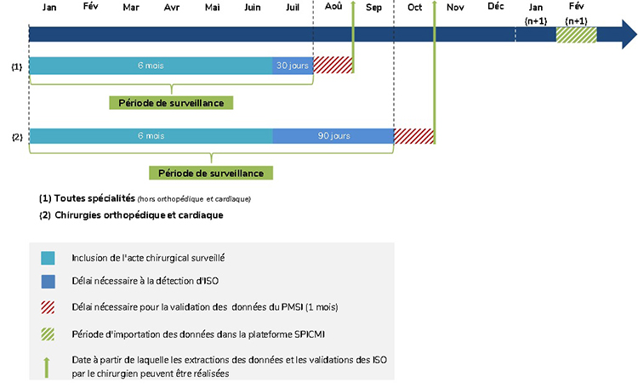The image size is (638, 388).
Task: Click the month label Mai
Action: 213,8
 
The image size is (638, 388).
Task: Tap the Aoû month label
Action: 333,7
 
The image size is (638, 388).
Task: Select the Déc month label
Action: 496,7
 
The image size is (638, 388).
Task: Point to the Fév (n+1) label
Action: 576,14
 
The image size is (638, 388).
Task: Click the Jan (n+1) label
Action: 536,14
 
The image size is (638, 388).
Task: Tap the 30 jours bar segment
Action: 293,66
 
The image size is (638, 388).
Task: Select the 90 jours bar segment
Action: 333,136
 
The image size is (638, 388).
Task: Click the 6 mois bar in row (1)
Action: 151,66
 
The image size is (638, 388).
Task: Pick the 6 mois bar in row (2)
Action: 151,136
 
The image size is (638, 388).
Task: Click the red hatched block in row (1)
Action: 333,66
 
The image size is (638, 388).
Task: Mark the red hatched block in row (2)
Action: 413,136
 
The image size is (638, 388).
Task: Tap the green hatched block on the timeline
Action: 576,35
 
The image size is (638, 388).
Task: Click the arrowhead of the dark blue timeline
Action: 629,35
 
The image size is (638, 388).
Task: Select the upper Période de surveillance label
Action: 171,103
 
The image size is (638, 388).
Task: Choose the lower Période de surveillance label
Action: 211,173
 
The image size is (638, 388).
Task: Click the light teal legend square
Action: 48,258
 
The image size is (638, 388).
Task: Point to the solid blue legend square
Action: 48,282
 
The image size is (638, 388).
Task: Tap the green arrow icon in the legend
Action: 47,368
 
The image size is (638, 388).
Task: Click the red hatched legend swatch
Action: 48,307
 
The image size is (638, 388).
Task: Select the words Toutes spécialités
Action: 94,198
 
